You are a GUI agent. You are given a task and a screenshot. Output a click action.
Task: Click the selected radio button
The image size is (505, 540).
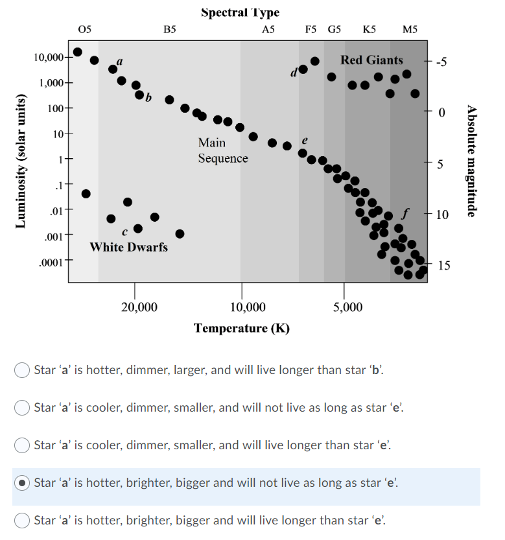(x=22, y=482)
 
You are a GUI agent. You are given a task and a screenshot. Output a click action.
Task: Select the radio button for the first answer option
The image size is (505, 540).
(x=22, y=370)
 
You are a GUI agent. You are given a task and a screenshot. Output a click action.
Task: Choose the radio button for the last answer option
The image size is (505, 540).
(x=22, y=520)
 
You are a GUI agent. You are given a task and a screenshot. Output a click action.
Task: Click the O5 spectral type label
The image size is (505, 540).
(x=85, y=29)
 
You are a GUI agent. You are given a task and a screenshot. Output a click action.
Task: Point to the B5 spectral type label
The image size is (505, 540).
(x=170, y=29)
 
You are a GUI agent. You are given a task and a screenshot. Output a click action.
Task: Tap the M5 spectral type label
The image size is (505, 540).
(x=410, y=29)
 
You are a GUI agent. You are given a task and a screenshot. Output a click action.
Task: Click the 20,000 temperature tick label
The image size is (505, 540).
(x=139, y=307)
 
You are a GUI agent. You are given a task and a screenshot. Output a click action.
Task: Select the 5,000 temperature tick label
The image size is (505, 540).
(x=348, y=307)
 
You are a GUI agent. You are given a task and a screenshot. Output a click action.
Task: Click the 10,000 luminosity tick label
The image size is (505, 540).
(x=49, y=58)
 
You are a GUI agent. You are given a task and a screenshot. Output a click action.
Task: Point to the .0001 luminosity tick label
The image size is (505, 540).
(x=51, y=263)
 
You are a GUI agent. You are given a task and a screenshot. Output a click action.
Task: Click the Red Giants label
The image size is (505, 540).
(x=371, y=60)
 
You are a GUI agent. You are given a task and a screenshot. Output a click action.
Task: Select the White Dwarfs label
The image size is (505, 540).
(x=128, y=247)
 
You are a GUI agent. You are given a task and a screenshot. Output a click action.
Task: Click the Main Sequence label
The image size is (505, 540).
(x=222, y=150)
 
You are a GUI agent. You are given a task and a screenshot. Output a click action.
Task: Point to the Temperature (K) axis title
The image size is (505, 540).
(x=241, y=327)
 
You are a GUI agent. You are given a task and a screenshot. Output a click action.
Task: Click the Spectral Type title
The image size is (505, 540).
(x=240, y=12)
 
